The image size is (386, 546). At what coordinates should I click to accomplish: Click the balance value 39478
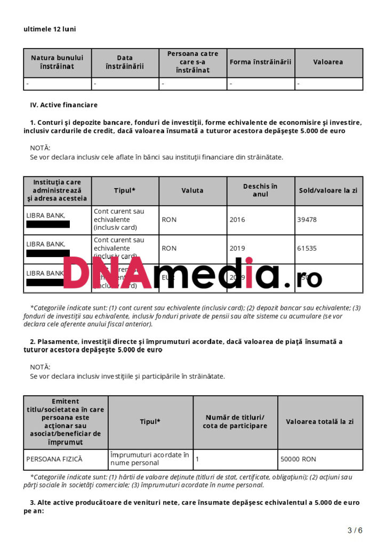pos(307,220)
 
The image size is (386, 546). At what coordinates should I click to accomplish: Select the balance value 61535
pos(307,248)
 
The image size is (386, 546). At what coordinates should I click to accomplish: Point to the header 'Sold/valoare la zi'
pos(328,191)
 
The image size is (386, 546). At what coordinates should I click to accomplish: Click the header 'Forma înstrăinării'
pos(261,62)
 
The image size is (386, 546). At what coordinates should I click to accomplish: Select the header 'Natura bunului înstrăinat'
pos(57,62)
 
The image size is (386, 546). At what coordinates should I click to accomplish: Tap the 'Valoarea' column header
pos(328,62)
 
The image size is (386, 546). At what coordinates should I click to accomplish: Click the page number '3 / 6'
pos(355,530)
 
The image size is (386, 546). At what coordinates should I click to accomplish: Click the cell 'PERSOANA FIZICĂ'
pos(54,459)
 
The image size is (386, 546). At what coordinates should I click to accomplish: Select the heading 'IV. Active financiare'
pos(64,105)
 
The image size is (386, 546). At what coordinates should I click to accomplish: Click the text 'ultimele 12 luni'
pos(50,29)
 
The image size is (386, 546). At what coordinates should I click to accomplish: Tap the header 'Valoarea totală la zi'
pos(320,422)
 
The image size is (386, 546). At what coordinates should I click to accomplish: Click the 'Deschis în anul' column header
pos(260,191)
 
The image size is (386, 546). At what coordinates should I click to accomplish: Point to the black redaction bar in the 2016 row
pos(48,224)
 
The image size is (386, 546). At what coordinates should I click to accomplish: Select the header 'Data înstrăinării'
pos(125,62)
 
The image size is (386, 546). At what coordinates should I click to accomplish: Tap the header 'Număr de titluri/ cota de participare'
pos(235,422)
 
